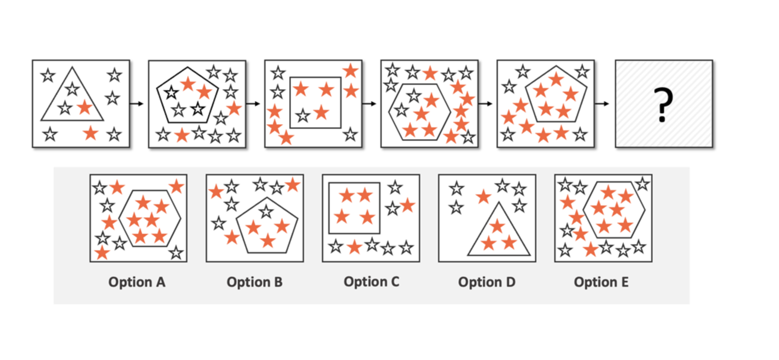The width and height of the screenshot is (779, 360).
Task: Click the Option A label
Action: [137, 282]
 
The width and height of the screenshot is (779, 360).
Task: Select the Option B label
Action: [254, 282]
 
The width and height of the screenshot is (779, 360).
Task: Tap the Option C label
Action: [371, 282]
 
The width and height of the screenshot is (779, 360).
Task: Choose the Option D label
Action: [487, 282]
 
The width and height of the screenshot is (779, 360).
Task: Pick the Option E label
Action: [601, 282]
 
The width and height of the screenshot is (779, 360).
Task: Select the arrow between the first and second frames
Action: [137, 104]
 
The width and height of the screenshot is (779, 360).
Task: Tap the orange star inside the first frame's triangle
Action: [85, 107]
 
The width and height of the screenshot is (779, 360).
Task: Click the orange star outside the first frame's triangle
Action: [90, 133]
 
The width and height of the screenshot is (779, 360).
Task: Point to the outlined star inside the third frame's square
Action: [303, 116]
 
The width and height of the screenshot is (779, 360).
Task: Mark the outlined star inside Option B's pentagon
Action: [266, 211]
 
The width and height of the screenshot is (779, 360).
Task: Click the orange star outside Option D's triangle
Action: [483, 197]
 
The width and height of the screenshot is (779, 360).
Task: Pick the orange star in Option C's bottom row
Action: [354, 247]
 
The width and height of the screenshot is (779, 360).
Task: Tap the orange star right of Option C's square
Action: [407, 205]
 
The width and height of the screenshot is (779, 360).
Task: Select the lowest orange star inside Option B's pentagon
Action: [268, 240]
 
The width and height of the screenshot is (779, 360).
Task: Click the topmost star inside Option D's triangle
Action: [497, 226]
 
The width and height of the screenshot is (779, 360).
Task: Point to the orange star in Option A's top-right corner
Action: [176, 187]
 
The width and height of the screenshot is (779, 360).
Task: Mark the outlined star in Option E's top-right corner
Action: [642, 184]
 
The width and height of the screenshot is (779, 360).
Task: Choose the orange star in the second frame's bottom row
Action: [182, 135]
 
